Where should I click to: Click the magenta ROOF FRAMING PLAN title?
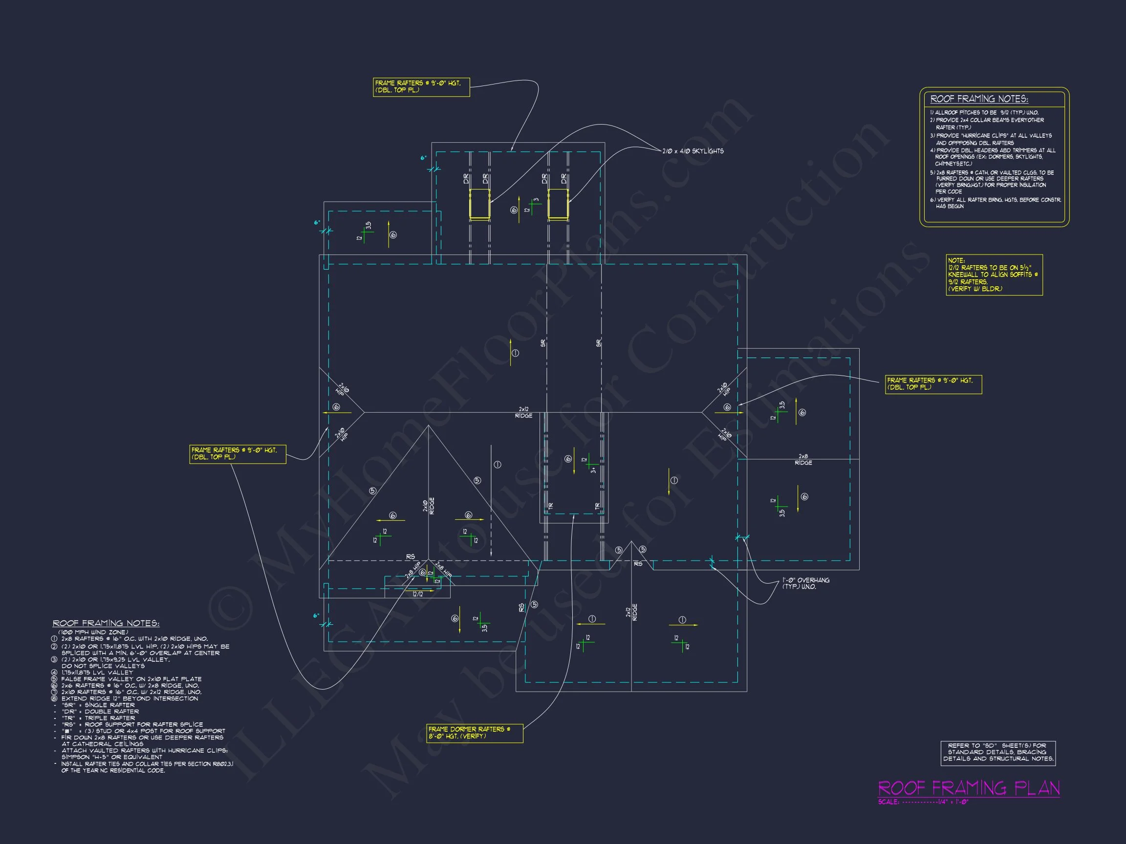[969, 788]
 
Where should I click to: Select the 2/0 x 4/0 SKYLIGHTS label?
[693, 151]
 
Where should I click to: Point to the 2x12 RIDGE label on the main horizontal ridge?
[523, 413]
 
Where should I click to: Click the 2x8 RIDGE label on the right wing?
[803, 460]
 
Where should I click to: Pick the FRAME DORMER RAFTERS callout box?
[475, 733]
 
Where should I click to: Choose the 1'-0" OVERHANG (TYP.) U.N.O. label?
[806, 583]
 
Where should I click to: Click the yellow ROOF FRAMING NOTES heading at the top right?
[979, 99]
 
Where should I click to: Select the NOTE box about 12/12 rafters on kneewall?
[994, 274]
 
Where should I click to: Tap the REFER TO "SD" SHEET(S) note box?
[998, 753]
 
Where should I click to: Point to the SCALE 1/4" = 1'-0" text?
[923, 802]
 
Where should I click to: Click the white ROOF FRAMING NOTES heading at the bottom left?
[106, 623]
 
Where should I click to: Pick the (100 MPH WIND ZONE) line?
[93, 632]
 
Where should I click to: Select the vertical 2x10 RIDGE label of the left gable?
[429, 506]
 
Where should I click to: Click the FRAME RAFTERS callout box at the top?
[421, 86]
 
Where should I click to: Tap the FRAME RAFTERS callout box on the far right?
[933, 384]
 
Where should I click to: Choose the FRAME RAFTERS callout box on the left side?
[237, 454]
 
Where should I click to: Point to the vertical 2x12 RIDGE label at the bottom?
[632, 612]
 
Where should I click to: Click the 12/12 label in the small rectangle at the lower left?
[418, 594]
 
